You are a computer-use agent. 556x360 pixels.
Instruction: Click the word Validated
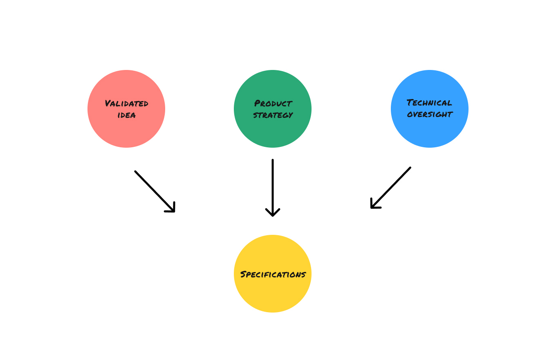tap(126, 103)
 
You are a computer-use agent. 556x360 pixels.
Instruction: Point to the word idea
tap(126, 115)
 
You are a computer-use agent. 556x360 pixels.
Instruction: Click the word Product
tap(273, 103)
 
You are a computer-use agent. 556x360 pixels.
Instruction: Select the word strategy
tap(273, 115)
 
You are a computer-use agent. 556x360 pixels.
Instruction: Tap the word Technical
tap(429, 103)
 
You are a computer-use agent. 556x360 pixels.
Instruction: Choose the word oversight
tap(430, 114)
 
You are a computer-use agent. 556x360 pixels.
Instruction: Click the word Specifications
tap(273, 274)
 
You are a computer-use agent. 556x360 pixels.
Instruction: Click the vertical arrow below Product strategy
tap(273, 184)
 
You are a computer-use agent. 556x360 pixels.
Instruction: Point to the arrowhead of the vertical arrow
tap(273, 214)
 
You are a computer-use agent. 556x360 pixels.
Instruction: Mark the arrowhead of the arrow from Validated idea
tap(172, 209)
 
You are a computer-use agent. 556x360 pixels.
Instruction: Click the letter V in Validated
tap(108, 103)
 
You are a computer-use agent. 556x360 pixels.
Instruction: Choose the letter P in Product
tap(258, 103)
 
